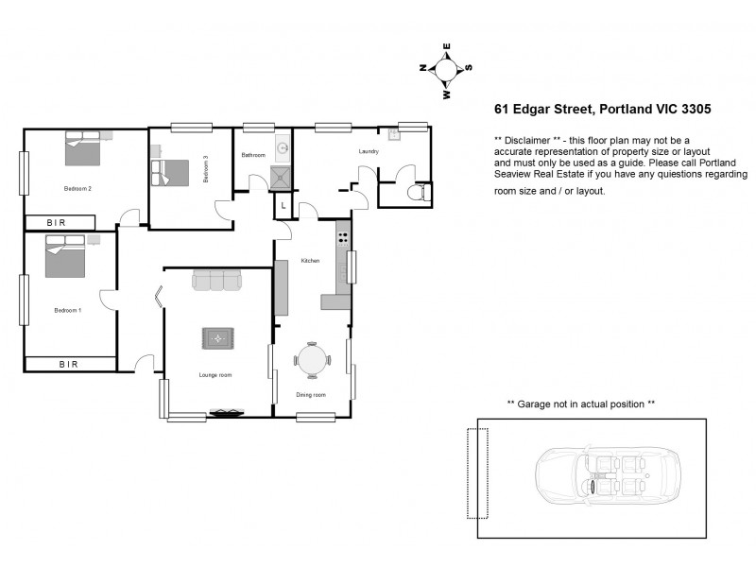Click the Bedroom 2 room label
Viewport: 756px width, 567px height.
(77, 188)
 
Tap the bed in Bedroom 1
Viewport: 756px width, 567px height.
(65, 256)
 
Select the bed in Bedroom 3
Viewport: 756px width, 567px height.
(171, 172)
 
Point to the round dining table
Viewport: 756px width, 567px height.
(312, 360)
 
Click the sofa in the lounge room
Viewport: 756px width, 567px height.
(216, 281)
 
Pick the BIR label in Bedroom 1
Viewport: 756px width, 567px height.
(69, 364)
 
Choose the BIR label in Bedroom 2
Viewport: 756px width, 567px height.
(59, 223)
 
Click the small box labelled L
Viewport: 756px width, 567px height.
(283, 206)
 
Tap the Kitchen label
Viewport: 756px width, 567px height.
(310, 261)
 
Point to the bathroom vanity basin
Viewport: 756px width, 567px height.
(282, 148)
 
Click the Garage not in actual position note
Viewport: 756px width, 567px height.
(580, 404)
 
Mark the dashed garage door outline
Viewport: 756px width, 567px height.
(477, 472)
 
